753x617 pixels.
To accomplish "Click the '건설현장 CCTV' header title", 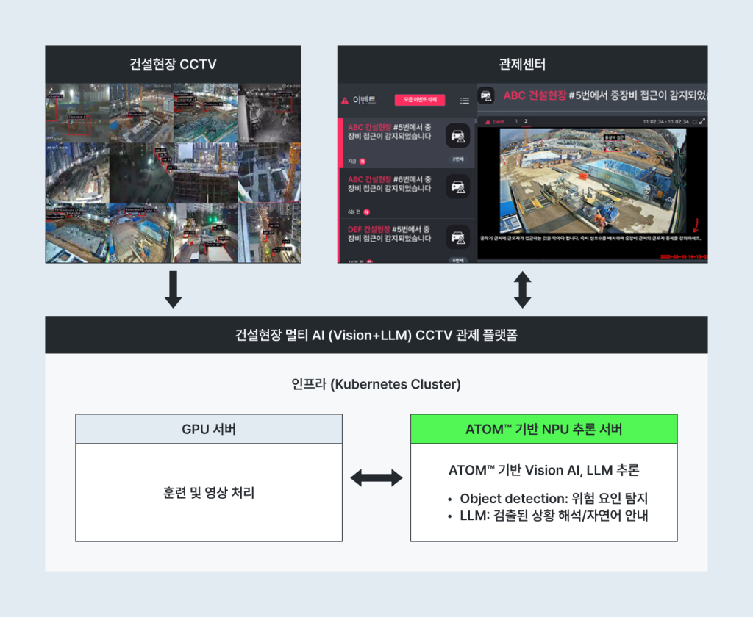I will click(x=173, y=64).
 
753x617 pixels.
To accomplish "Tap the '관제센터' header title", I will click(x=522, y=64).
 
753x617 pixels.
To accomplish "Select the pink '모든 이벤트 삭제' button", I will click(x=419, y=100).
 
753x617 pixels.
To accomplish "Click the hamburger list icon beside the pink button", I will click(x=464, y=101).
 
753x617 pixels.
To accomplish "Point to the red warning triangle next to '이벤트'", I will click(x=343, y=101).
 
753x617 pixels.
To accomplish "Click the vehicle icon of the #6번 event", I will click(x=458, y=186).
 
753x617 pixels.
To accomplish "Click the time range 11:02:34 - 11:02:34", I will click(x=665, y=121).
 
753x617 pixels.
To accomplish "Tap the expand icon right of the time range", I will click(x=702, y=121).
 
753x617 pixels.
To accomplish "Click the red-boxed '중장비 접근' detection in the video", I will click(x=612, y=142).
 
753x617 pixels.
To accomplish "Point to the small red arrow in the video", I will click(x=694, y=224).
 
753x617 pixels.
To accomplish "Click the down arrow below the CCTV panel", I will click(x=173, y=289).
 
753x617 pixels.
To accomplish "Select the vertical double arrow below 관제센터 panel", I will click(x=522, y=289).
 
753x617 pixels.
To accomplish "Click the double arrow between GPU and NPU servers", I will click(x=376, y=478).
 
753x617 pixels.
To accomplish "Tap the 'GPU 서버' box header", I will click(x=209, y=429).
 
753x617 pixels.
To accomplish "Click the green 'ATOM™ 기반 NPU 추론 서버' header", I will click(x=543, y=429).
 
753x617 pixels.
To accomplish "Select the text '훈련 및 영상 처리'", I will click(x=209, y=493).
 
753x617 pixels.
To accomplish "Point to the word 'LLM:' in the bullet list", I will click(x=475, y=515).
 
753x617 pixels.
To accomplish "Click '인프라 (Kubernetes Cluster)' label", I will click(x=376, y=384).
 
